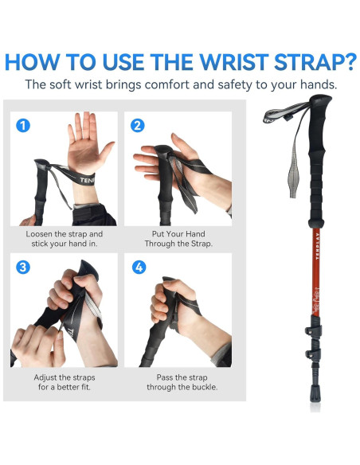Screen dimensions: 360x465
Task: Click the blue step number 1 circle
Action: [23, 126]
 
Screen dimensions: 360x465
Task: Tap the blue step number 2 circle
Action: [138, 126]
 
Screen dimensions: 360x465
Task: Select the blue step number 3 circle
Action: [23, 268]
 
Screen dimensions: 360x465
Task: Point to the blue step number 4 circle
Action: [139, 268]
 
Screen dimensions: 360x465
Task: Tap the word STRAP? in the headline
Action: [315, 62]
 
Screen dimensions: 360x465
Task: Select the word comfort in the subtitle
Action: [167, 85]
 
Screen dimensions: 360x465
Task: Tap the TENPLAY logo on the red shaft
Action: [317, 246]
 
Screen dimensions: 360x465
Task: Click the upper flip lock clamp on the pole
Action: [314, 328]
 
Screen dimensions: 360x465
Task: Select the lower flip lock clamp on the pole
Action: [314, 353]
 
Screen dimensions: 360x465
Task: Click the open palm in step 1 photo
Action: [88, 146]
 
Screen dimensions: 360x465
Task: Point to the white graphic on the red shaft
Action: [316, 302]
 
